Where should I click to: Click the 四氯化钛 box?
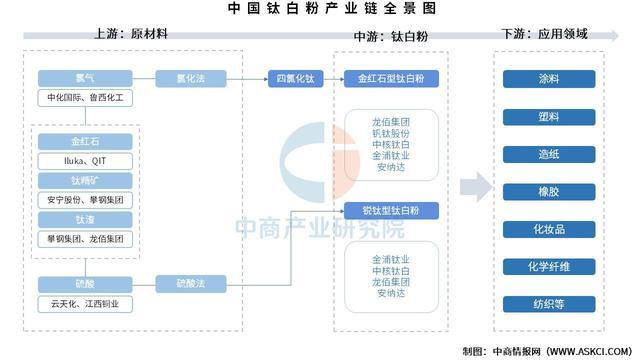coord(294,77)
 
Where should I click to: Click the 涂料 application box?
coord(549,78)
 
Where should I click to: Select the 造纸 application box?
coord(549,154)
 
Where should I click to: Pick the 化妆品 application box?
coord(549,229)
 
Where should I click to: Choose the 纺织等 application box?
coord(549,304)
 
